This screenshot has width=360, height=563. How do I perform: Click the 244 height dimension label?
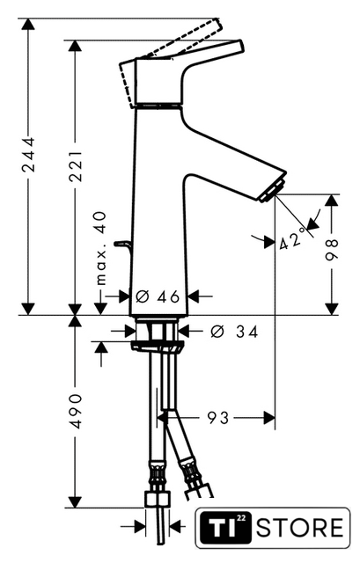[28, 155]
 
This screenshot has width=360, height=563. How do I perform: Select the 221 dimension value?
[76, 166]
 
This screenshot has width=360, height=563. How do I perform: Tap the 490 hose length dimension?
[76, 411]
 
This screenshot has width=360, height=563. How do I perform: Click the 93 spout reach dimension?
[218, 418]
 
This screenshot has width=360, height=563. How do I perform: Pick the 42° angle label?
[293, 240]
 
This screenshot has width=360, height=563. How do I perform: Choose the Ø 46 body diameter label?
[158, 296]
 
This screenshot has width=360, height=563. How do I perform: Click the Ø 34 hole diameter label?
[234, 332]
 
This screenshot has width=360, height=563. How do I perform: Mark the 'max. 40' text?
[101, 248]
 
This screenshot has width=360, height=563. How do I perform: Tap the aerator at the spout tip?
[272, 189]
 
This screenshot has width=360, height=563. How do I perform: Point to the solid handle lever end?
[240, 46]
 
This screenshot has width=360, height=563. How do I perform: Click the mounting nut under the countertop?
[157, 347]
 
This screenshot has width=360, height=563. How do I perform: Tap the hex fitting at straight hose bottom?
[157, 499]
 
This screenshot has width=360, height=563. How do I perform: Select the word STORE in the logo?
[300, 528]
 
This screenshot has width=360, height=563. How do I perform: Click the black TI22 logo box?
[225, 528]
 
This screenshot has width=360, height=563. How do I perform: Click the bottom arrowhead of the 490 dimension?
[75, 501]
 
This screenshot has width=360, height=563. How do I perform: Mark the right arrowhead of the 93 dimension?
[269, 418]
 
